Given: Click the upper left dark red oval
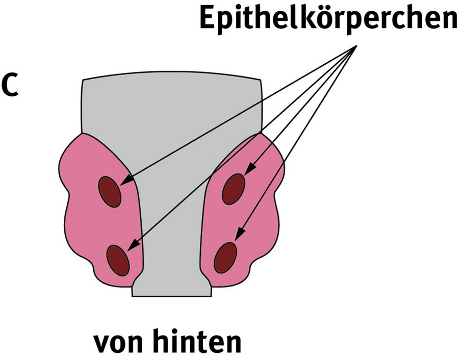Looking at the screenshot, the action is point(110,192).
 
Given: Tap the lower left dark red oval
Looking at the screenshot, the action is point(118,260).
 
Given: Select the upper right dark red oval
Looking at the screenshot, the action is point(234,189).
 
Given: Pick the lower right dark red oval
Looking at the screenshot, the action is point(225,258).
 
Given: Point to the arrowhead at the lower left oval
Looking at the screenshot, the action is point(133,245).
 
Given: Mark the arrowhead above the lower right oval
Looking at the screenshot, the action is point(241,233).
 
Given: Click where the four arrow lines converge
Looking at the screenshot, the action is point(356,46).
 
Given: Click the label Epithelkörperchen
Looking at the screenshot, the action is point(329,18).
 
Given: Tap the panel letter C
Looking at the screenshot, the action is point(10,85).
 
